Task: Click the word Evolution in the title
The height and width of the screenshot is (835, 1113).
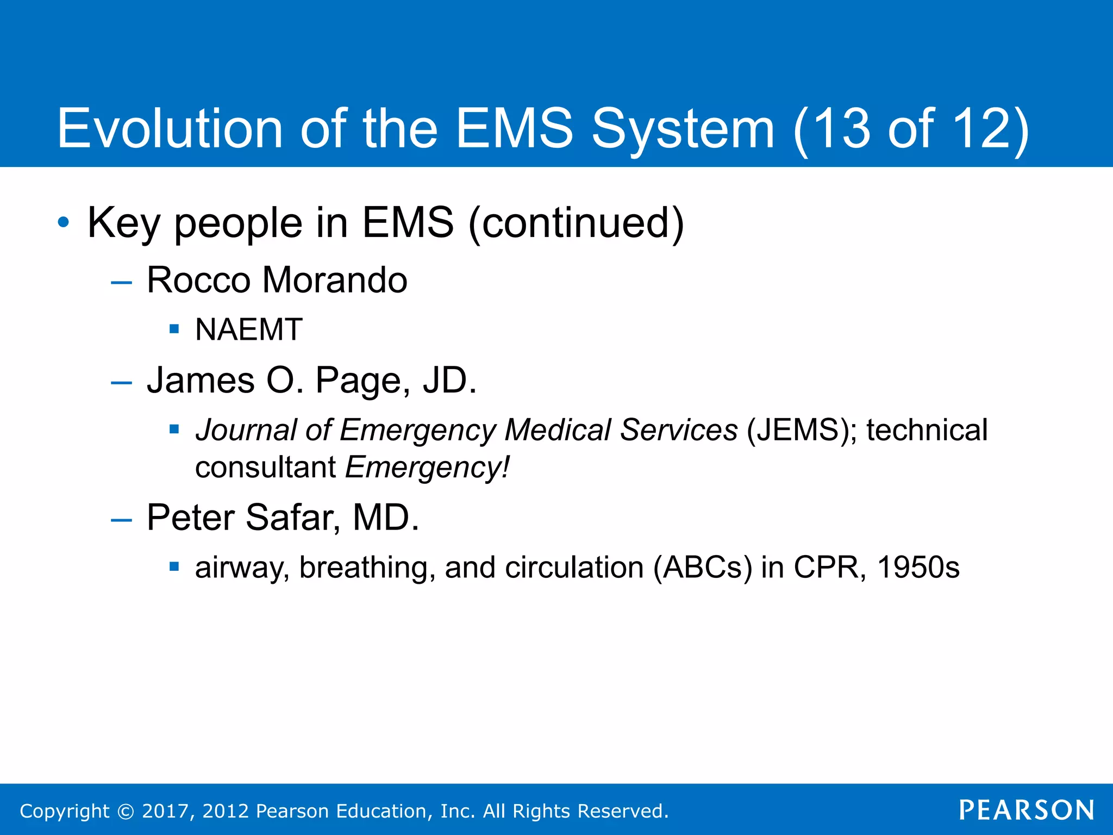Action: (x=170, y=128)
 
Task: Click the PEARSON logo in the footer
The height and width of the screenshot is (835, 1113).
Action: (x=1026, y=811)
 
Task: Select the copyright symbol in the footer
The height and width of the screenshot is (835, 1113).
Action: (x=126, y=812)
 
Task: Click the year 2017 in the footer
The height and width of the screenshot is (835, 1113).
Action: (x=165, y=811)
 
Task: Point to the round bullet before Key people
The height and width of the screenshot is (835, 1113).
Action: (x=64, y=222)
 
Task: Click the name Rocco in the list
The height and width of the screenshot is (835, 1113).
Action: (x=198, y=281)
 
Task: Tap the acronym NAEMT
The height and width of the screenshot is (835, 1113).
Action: (x=248, y=329)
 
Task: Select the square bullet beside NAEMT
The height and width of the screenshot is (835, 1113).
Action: (x=174, y=329)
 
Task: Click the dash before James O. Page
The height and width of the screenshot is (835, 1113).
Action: (x=121, y=383)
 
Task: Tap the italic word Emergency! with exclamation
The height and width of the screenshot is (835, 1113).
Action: (x=428, y=468)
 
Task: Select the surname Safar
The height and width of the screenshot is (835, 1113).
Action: (x=292, y=518)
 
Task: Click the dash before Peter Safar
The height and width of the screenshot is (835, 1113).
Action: (x=121, y=520)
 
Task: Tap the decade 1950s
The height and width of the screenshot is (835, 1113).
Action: (x=918, y=568)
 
